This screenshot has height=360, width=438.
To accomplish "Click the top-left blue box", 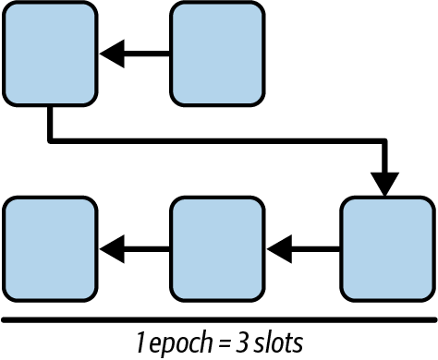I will (50, 54).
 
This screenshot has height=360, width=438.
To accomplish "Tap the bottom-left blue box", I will (50, 246).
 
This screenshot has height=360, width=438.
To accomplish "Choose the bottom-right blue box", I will (385, 246).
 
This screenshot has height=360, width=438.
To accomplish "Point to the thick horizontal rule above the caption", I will (219, 319).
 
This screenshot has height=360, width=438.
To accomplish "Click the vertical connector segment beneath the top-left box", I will (50, 123).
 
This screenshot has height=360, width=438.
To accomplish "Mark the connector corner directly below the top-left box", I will (50, 141).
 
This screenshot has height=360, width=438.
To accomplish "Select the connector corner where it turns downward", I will (385, 141).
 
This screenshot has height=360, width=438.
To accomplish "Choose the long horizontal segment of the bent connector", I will (217, 141).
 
